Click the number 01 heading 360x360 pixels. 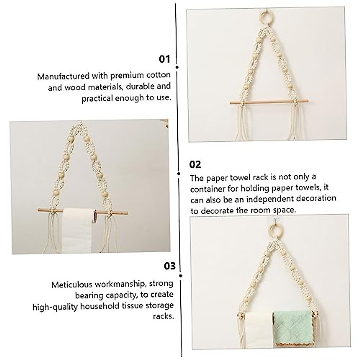[x=164, y=59]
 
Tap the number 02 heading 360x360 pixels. [x=195, y=164]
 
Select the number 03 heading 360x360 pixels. [x=170, y=266]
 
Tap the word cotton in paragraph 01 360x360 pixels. [x=159, y=76]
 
